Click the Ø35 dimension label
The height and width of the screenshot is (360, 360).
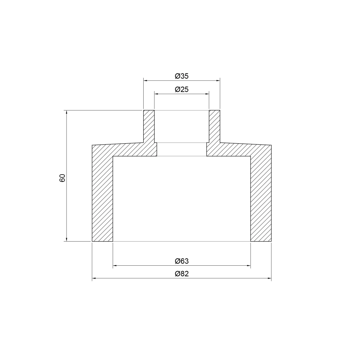[x=182, y=76]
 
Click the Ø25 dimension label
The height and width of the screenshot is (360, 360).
[x=182, y=89]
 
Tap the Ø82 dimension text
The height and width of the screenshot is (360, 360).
[x=182, y=274]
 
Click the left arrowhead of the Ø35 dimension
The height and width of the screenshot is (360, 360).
[x=145, y=81]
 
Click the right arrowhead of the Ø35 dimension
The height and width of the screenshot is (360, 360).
[x=218, y=81]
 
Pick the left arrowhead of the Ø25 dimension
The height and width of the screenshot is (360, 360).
[x=156, y=94]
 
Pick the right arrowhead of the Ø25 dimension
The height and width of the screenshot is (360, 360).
[x=207, y=94]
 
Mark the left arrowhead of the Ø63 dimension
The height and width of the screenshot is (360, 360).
[x=115, y=266]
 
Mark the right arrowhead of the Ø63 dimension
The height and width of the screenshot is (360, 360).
[x=249, y=266]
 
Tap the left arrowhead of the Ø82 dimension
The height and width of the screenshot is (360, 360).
[x=94, y=279]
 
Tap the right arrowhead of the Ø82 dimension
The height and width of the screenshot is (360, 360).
[x=270, y=279]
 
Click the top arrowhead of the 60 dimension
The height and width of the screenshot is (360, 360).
[x=67, y=112]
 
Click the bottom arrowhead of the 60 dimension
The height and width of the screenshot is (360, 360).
[x=67, y=239]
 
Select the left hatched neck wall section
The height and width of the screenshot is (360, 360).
[x=149, y=126]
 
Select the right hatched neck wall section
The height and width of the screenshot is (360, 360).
[x=214, y=126]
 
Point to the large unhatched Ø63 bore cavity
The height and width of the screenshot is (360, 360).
[x=182, y=198]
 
